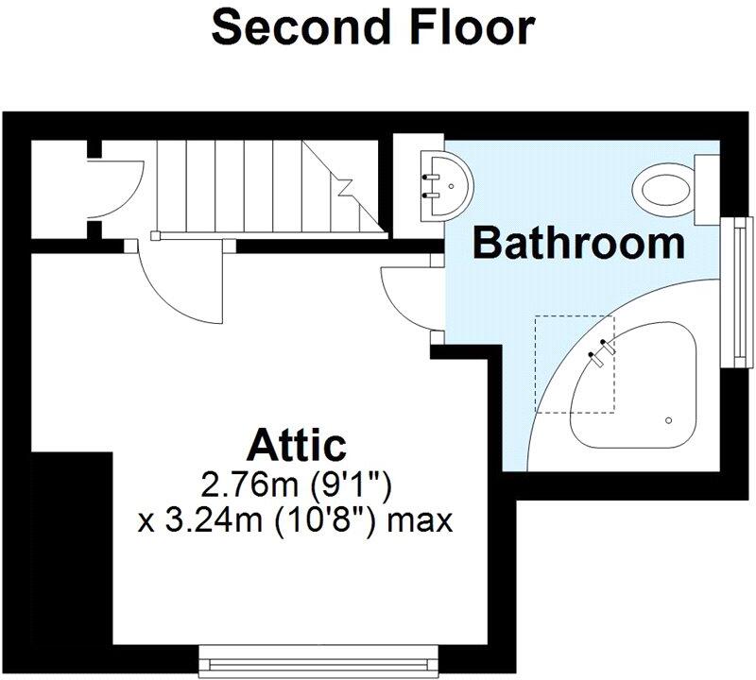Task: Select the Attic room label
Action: (x=297, y=442)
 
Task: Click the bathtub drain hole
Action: (x=669, y=419)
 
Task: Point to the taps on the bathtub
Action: (x=603, y=349)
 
